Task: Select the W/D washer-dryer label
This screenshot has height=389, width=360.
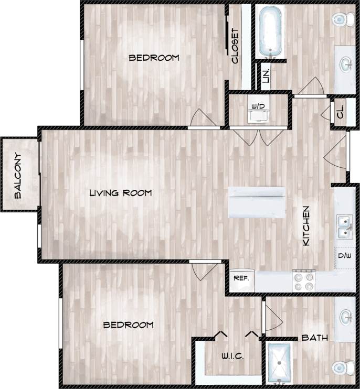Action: (258, 106)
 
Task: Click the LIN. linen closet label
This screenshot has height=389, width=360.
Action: (266, 76)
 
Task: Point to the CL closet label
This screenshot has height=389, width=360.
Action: (340, 112)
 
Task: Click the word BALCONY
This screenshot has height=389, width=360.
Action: (18, 176)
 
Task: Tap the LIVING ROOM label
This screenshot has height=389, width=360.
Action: (120, 193)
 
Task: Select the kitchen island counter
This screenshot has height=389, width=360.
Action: (257, 202)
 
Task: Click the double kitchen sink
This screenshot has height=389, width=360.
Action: (345, 226)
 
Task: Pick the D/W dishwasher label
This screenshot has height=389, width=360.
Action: (344, 256)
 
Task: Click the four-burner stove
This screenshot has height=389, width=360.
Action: (304, 280)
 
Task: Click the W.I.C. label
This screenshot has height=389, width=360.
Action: (232, 356)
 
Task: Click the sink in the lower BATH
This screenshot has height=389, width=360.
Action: (346, 317)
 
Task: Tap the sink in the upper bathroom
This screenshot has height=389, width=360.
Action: (346, 65)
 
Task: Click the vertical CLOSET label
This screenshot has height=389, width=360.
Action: (235, 46)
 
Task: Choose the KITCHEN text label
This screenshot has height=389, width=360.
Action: (306, 226)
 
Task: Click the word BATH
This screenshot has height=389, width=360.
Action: (314, 338)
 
